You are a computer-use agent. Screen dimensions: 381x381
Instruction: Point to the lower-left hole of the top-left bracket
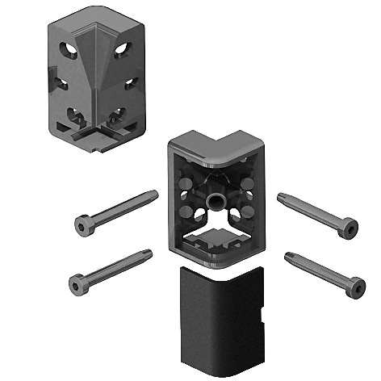[75, 114]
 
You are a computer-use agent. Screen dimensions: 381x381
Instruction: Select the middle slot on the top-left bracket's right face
[129, 83]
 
